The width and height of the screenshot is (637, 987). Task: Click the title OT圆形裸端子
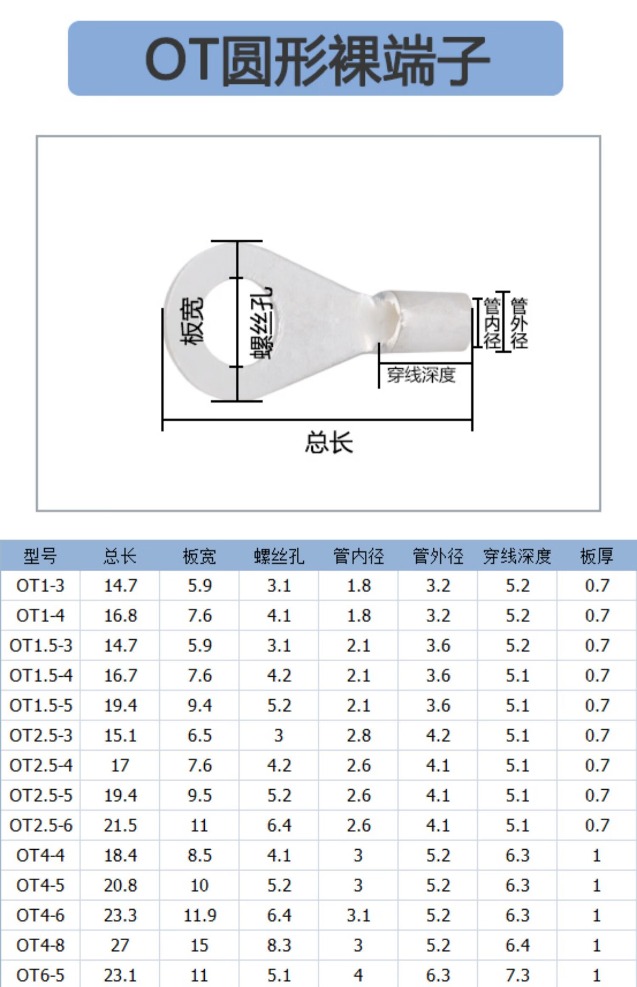click(x=317, y=60)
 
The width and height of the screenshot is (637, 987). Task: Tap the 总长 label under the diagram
click(x=329, y=442)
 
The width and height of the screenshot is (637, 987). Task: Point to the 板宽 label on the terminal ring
click(x=192, y=320)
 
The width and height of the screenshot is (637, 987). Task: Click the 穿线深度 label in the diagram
click(x=421, y=375)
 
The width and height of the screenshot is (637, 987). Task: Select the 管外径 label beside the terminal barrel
click(x=519, y=323)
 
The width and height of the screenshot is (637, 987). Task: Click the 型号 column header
click(x=40, y=556)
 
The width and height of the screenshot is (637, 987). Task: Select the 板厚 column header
click(x=597, y=556)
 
